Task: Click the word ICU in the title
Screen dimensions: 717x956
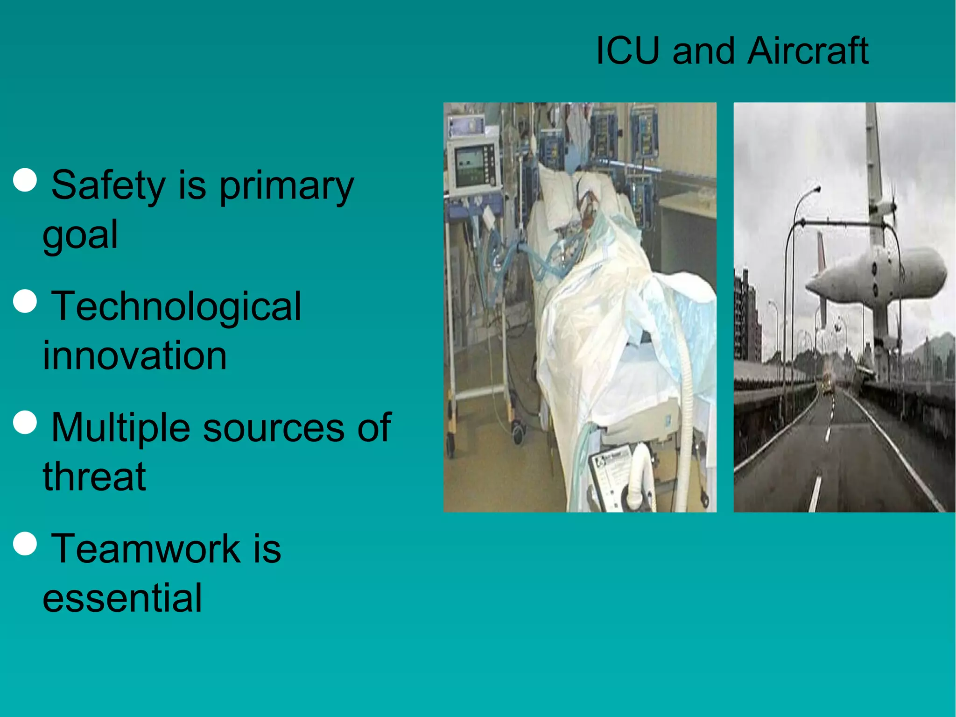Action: coord(628,51)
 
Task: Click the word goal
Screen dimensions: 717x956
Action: coord(80,235)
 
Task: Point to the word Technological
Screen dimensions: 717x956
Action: coord(176,306)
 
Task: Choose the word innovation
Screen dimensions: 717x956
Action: coord(134,355)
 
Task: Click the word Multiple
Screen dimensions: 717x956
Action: coord(120,427)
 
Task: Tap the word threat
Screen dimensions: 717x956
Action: coord(94,477)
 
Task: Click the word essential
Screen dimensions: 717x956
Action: coord(122,598)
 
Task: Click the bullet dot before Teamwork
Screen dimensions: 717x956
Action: coord(25,543)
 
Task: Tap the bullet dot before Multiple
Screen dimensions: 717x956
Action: coord(25,422)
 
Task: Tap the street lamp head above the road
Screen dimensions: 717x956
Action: coord(815,189)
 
